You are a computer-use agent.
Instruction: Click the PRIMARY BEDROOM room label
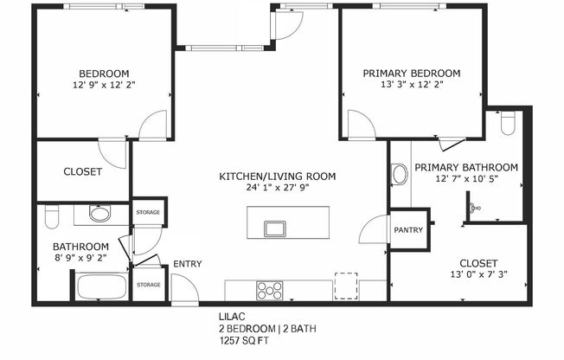pyautogui.click(x=411, y=74)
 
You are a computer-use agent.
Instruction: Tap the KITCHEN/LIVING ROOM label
pyautogui.click(x=277, y=177)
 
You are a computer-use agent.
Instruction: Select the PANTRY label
pyautogui.click(x=407, y=230)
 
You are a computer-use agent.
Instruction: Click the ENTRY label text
pyautogui.click(x=187, y=264)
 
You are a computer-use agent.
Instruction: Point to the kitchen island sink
pyautogui.click(x=276, y=228)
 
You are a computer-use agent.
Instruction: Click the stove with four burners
pyautogui.click(x=269, y=289)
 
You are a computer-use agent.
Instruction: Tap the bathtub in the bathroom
pyautogui.click(x=101, y=286)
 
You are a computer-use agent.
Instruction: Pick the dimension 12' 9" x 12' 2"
pyautogui.click(x=104, y=86)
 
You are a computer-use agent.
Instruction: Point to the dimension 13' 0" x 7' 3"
pyautogui.click(x=477, y=275)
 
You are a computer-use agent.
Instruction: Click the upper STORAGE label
pyautogui.click(x=148, y=211)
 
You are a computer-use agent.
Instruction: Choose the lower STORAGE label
pyautogui.click(x=148, y=285)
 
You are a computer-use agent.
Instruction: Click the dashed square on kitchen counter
pyautogui.click(x=346, y=286)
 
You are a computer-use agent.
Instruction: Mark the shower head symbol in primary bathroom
pyautogui.click(x=473, y=208)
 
